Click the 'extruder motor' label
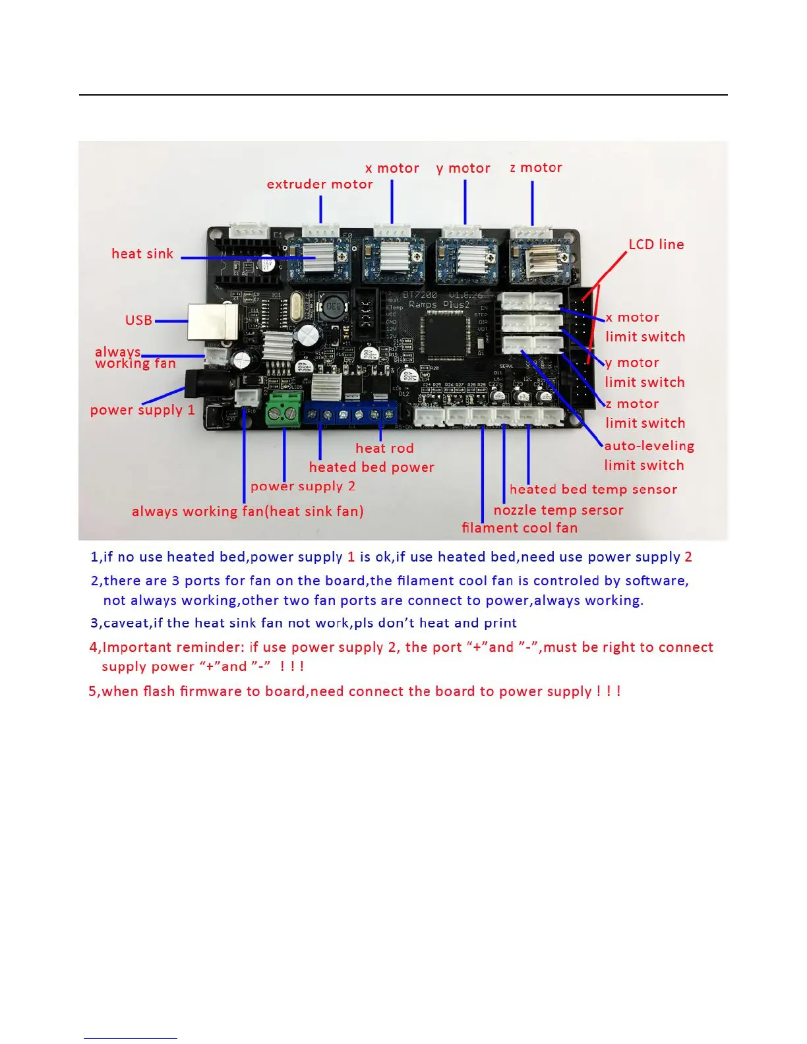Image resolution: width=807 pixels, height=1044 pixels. (x=320, y=185)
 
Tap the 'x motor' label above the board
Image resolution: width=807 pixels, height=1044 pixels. (x=392, y=169)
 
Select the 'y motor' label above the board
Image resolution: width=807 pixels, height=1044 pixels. (x=463, y=169)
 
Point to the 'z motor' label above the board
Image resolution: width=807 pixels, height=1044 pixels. (x=536, y=168)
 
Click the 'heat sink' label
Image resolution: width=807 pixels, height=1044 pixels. (x=142, y=254)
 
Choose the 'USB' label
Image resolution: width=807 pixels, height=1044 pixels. (x=138, y=320)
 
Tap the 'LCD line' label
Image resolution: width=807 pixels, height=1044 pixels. (x=656, y=245)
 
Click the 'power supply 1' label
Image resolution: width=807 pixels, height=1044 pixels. (x=142, y=410)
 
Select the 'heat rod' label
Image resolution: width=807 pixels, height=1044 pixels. (x=384, y=448)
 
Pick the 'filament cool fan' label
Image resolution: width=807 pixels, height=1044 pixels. (x=520, y=528)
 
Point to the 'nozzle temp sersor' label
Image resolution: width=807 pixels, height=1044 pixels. (x=558, y=510)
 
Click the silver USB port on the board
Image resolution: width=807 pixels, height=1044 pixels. (x=212, y=321)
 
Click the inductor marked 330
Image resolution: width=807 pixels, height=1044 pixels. (x=334, y=308)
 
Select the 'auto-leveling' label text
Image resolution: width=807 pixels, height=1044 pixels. (x=649, y=446)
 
